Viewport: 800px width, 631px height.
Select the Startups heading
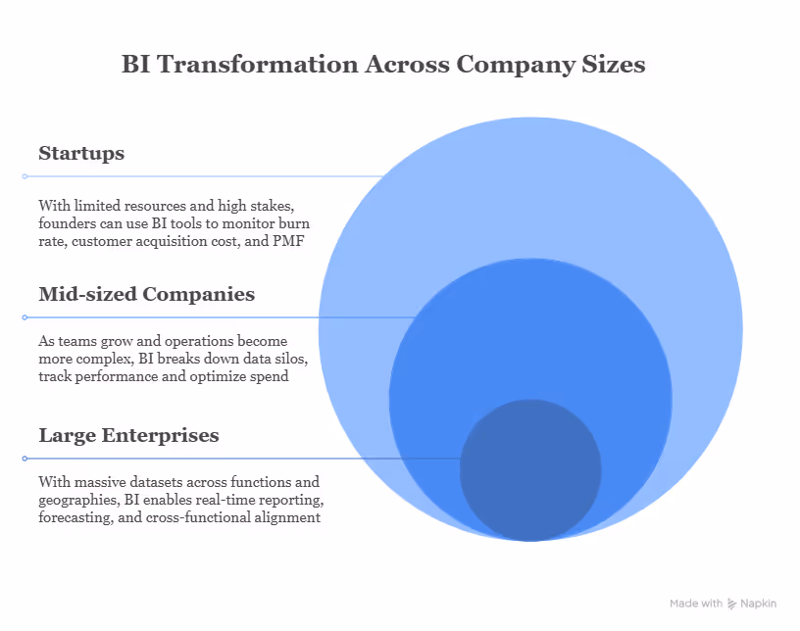pyautogui.click(x=81, y=154)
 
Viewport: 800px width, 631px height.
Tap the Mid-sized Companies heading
pyautogui.click(x=146, y=294)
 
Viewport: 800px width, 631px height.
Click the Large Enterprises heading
pyautogui.click(x=128, y=435)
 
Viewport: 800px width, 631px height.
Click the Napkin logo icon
pyautogui.click(x=732, y=604)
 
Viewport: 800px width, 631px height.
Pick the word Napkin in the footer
pyautogui.click(x=759, y=604)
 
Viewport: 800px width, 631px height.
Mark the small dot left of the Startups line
pyautogui.click(x=25, y=176)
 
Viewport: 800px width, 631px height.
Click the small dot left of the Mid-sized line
pyautogui.click(x=25, y=317)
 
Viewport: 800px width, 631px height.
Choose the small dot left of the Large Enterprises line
pyautogui.click(x=25, y=459)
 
